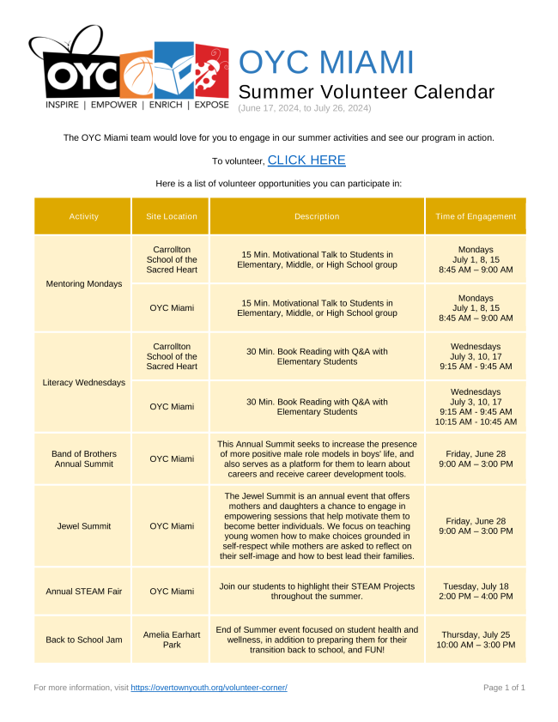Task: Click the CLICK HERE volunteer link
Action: [x=306, y=161]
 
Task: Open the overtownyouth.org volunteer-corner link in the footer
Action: [x=209, y=688]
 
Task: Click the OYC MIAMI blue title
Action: [x=326, y=62]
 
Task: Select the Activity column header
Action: [x=83, y=216]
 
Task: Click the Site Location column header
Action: [x=171, y=216]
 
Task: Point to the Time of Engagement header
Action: [x=476, y=216]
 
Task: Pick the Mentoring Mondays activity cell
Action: [x=83, y=283]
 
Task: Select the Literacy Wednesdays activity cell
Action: [x=83, y=382]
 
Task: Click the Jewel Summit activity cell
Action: [x=83, y=525]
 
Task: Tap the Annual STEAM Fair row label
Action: [x=83, y=591]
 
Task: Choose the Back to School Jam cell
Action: [x=83, y=640]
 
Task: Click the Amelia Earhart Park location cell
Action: [x=171, y=640]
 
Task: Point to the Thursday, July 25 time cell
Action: [x=476, y=640]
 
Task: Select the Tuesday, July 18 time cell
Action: [x=476, y=591]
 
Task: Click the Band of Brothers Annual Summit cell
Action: [x=83, y=458]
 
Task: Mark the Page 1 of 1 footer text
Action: [x=504, y=688]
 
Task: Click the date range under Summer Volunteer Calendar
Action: [x=305, y=108]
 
